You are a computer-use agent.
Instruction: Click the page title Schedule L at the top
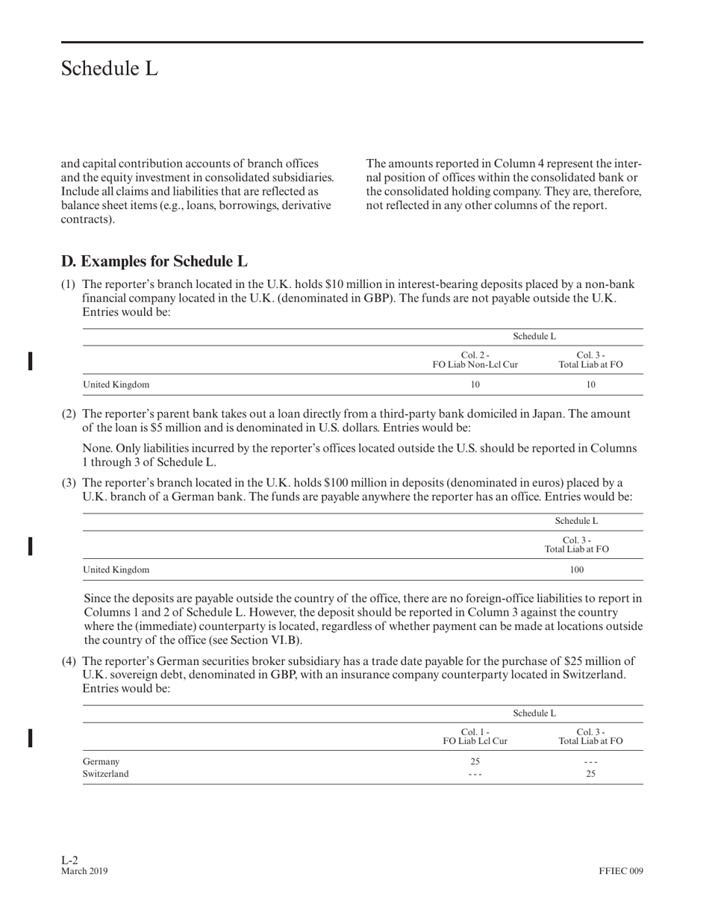click(x=110, y=69)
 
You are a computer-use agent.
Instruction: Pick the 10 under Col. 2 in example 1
click(x=475, y=385)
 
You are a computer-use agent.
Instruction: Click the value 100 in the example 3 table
click(x=577, y=570)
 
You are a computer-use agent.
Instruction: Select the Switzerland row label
click(x=105, y=774)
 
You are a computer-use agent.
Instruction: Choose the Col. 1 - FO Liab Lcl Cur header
click(x=475, y=736)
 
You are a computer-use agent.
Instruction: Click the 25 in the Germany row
click(x=475, y=762)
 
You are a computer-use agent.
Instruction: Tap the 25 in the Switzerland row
click(x=590, y=774)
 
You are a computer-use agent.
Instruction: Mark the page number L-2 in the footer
click(x=69, y=860)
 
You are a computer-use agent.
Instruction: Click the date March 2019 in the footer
click(x=84, y=871)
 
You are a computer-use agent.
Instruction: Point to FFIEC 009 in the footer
click(x=620, y=871)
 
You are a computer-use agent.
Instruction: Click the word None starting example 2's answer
click(x=96, y=449)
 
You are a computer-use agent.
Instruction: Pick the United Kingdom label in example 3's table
click(x=116, y=570)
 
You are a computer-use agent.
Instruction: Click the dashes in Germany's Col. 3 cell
click(x=590, y=762)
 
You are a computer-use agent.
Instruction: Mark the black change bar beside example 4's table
click(x=30, y=737)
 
